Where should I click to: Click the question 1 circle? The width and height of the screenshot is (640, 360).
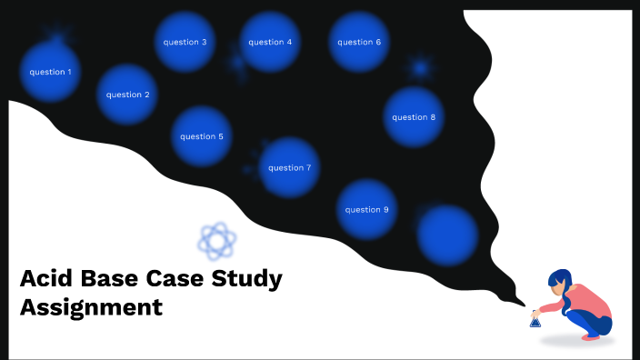(50, 72)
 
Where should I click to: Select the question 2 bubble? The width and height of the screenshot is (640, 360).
(128, 95)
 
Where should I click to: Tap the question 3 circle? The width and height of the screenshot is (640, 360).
(185, 42)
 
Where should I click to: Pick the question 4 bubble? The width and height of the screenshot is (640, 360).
(270, 42)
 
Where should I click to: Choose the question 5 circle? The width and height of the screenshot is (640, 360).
(202, 136)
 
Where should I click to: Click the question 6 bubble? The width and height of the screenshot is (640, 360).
(359, 42)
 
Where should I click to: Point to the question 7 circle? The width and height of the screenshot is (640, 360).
(290, 167)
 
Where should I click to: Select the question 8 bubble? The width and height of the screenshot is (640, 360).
(414, 116)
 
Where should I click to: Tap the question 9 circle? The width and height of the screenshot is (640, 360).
(366, 209)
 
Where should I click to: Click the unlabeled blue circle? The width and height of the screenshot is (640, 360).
(447, 234)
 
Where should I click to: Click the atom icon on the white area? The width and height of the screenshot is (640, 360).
(217, 241)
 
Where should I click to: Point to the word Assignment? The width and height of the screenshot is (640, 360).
(91, 307)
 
